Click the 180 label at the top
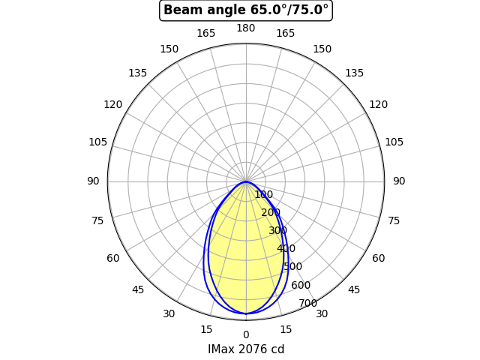click(x=246, y=28)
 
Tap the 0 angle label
click(x=246, y=335)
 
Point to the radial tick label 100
click(x=263, y=195)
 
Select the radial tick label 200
click(x=271, y=213)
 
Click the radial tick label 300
click(x=278, y=231)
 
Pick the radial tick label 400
click(x=286, y=249)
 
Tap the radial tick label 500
click(x=292, y=267)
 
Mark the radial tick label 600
click(x=301, y=285)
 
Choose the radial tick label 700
click(x=308, y=303)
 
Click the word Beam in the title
click(x=179, y=10)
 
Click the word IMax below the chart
click(x=222, y=349)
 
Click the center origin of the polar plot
click(x=246, y=181)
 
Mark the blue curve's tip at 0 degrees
click(x=246, y=313)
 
